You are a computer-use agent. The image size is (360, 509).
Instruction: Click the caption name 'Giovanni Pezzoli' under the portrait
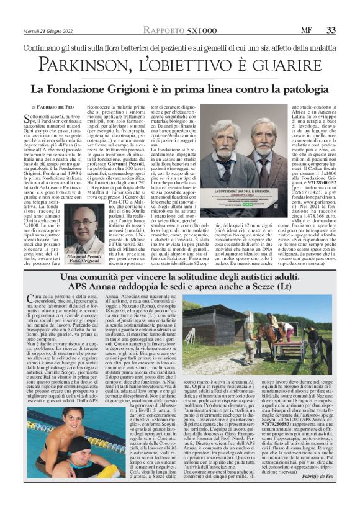(84, 256)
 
